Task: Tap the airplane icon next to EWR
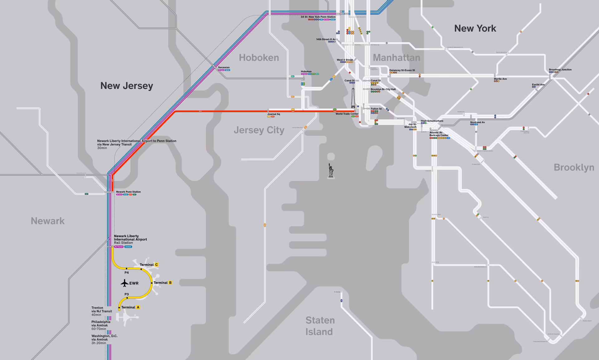(124, 283)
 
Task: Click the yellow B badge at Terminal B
(170, 283)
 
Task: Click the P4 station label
(126, 273)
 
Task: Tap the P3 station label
(126, 294)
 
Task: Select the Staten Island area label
(320, 326)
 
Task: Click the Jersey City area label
(259, 130)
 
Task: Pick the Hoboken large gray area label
(259, 58)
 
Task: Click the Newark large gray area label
(47, 221)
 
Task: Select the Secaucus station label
(224, 67)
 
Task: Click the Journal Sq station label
(274, 114)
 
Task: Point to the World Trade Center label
(347, 114)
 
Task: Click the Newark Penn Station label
(128, 192)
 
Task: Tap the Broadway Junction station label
(560, 70)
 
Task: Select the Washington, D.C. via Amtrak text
(104, 339)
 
